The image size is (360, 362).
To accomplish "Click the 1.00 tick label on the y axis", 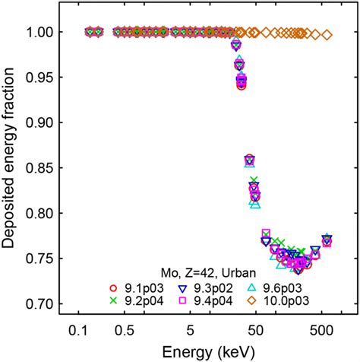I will click(42, 32).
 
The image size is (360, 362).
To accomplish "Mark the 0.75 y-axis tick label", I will click(42, 259).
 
